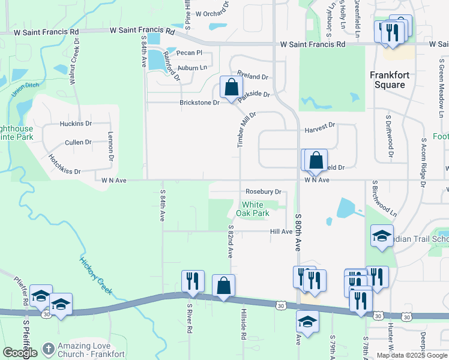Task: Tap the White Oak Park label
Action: [x=252, y=209]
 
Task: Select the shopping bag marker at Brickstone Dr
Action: [x=231, y=88]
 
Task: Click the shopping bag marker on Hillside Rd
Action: [x=223, y=286]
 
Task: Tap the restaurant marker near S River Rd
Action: [x=193, y=281]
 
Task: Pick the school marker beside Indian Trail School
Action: [x=381, y=236]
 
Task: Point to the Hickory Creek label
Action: [x=96, y=275]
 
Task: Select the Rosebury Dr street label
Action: [x=264, y=191]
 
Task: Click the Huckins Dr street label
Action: [x=75, y=124]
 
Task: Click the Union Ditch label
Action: [x=25, y=89]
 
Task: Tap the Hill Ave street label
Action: [x=281, y=232]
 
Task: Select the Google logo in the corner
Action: [x=20, y=353]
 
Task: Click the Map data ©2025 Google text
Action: [x=412, y=355]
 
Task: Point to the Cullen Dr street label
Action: [x=78, y=142]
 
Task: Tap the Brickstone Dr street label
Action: [x=200, y=103]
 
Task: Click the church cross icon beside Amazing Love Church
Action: [x=49, y=349]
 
